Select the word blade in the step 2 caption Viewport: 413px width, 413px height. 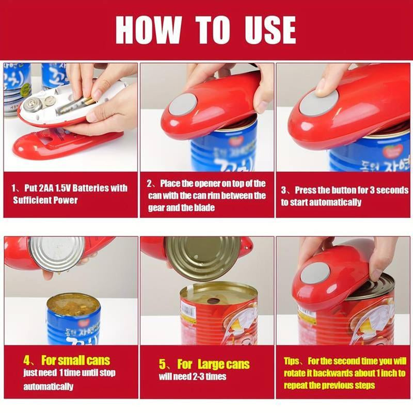tap(205, 208)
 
